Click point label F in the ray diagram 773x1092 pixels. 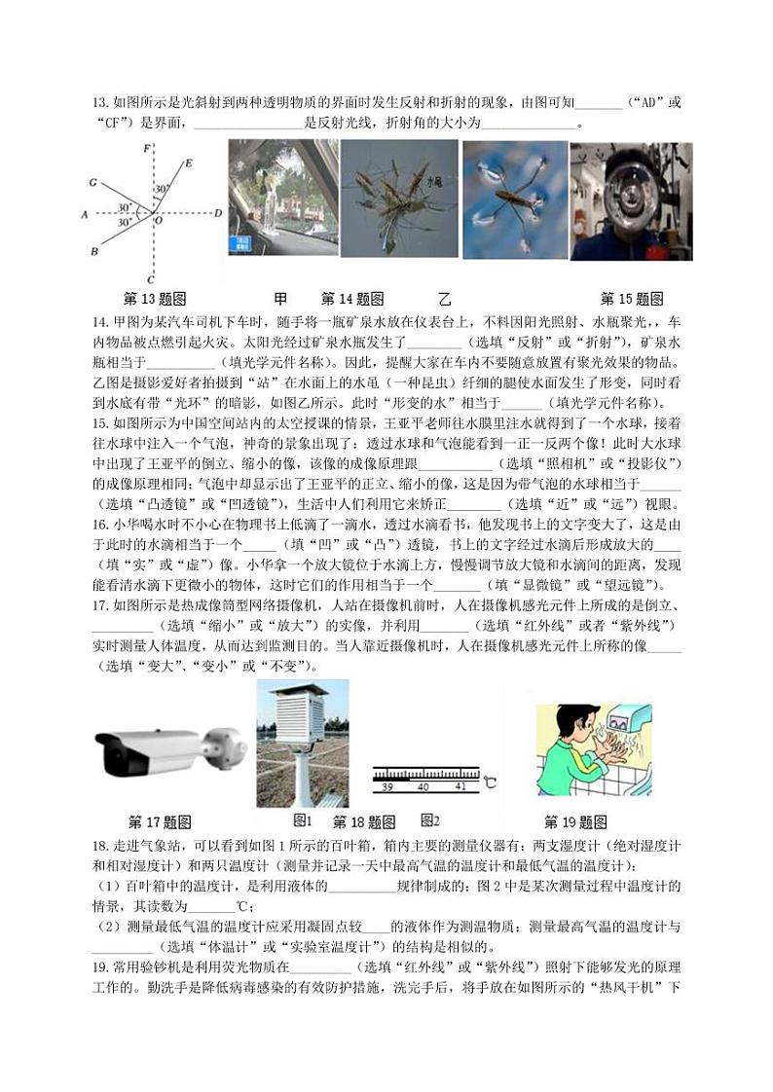point(146,149)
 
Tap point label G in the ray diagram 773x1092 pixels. point(92,181)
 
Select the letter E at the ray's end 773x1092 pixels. point(188,164)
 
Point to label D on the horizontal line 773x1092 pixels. point(218,212)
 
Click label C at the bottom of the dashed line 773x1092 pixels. point(148,279)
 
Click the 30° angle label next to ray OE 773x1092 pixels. point(162,190)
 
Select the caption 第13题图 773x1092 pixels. point(155,299)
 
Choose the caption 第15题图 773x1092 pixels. point(631,299)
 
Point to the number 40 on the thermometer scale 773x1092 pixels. point(423,785)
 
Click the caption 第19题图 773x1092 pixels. point(575,821)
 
